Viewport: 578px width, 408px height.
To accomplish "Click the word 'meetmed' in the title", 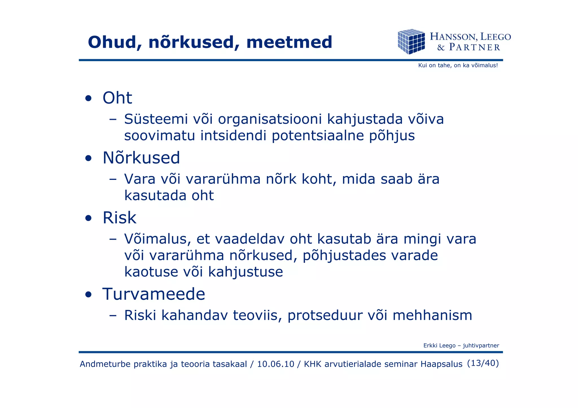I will click(x=289, y=42).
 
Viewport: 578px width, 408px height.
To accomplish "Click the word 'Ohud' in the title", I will click(x=112, y=42).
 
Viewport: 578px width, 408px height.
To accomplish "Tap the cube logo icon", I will click(x=411, y=41).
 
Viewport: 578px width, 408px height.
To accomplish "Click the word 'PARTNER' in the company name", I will click(x=474, y=47).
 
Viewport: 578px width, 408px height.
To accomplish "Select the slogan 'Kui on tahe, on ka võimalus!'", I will click(x=458, y=65).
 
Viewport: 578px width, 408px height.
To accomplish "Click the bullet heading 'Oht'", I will click(x=117, y=98).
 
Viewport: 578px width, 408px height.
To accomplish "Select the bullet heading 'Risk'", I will click(x=119, y=218).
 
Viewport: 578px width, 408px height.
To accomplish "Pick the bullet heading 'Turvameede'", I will click(x=154, y=294).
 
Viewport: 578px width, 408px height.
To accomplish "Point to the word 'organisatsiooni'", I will click(x=270, y=120).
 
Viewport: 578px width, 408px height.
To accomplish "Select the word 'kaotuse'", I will click(x=151, y=272).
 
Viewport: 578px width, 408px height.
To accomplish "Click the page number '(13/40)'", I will click(x=483, y=363).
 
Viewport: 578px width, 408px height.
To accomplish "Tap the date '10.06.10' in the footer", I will click(x=275, y=364).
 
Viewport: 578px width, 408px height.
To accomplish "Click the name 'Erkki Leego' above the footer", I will click(x=439, y=345).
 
